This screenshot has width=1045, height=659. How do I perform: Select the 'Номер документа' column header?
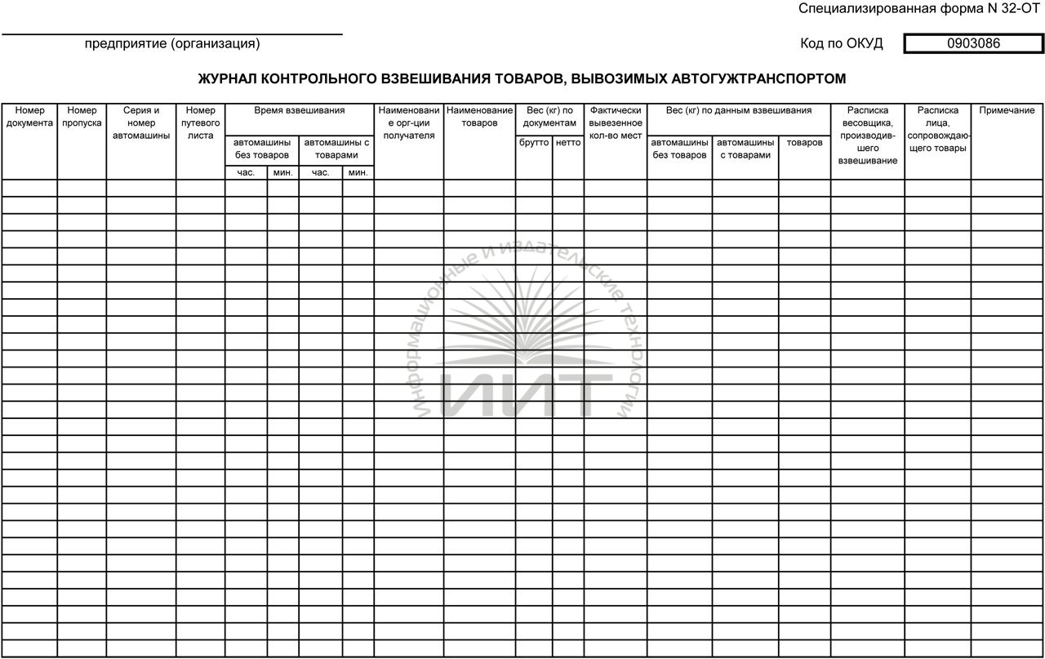pyautogui.click(x=29, y=117)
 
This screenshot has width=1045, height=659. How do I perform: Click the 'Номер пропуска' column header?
pyautogui.click(x=82, y=117)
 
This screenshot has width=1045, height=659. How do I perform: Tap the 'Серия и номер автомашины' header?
pyautogui.click(x=141, y=122)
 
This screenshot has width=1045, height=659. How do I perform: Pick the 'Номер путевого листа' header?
pyautogui.click(x=200, y=122)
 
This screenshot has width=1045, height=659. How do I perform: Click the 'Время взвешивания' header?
pyautogui.click(x=299, y=110)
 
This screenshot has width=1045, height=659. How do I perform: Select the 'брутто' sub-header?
pyautogui.click(x=534, y=142)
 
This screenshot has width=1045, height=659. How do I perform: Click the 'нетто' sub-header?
pyautogui.click(x=567, y=142)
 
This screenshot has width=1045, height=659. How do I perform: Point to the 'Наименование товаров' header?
pyautogui.click(x=479, y=117)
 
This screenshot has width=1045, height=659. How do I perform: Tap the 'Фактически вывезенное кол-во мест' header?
pyautogui.click(x=616, y=122)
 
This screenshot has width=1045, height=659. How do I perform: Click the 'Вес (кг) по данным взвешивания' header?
pyautogui.click(x=738, y=110)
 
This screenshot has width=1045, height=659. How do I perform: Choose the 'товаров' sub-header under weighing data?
pyautogui.click(x=804, y=142)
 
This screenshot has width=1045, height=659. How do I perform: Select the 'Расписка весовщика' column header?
pyautogui.click(x=867, y=135)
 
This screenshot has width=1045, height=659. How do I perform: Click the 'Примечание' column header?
pyautogui.click(x=1007, y=110)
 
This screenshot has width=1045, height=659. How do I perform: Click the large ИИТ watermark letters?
pyautogui.click(x=527, y=393)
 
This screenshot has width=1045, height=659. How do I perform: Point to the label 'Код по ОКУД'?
pyautogui.click(x=842, y=44)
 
